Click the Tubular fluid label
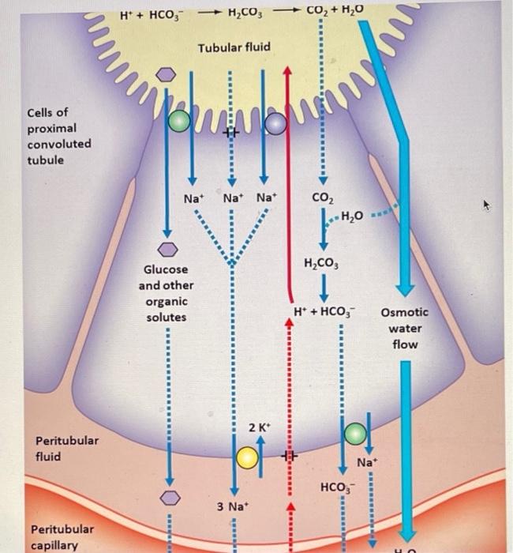234,48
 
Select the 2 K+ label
259,427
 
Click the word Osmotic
404,313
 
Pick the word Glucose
165,269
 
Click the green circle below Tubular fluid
179,120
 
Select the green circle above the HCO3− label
354,431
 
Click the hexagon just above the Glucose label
168,249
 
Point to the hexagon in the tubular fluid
167,74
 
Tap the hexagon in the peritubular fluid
168,498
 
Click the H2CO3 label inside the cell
320,263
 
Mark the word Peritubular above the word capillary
62,529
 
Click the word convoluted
59,144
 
